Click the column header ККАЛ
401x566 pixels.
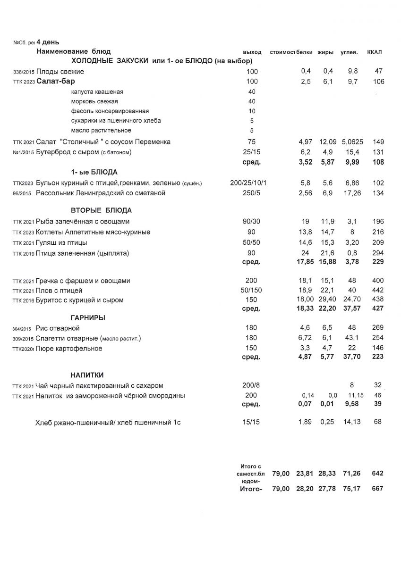374,51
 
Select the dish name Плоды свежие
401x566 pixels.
60,72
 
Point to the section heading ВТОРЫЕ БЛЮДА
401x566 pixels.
101,210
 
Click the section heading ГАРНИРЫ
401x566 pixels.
88,318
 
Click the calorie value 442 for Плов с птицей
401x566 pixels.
378,290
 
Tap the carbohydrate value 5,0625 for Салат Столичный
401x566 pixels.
351,142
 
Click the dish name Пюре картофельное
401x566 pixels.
69,349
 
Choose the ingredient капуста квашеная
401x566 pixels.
97,92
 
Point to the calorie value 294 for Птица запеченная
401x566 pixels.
378,253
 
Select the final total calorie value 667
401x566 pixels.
377,489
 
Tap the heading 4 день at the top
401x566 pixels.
48,42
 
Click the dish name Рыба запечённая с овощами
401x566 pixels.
83,222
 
